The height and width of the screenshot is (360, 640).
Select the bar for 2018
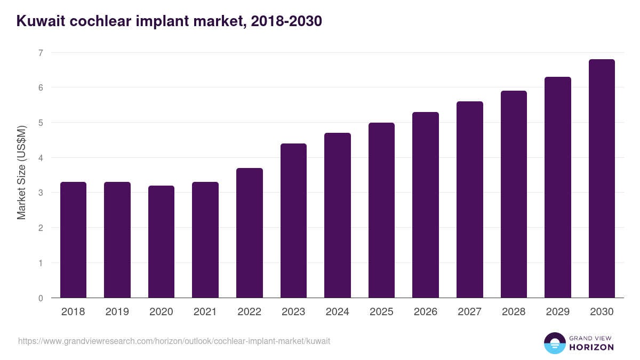73,240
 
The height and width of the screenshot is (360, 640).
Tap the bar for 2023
293,221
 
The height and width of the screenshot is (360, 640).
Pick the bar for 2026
426,205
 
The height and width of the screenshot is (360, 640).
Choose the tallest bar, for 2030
602,179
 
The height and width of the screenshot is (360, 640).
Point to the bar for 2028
514,194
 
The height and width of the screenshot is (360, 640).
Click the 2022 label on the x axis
249,312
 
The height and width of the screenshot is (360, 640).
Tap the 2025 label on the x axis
381,312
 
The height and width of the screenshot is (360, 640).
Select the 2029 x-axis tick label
557,312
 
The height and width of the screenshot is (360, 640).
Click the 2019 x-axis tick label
117,312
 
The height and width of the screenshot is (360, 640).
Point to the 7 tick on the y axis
40,53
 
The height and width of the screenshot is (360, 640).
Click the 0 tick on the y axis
40,298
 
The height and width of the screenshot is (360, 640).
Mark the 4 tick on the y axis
40,158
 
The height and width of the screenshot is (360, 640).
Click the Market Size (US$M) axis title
21,172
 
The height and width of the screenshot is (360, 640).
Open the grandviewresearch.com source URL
174,341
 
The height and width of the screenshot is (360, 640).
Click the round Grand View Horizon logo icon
554,343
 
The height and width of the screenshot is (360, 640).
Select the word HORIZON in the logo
591,347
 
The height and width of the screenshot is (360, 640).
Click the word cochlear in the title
100,21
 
